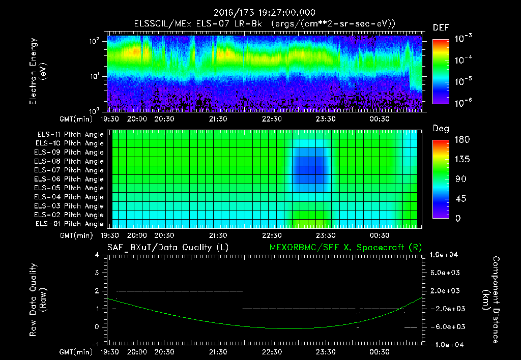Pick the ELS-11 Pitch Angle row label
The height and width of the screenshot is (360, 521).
(x=69, y=135)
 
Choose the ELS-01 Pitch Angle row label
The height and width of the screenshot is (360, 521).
(x=69, y=224)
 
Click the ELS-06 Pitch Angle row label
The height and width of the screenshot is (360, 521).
(x=69, y=179)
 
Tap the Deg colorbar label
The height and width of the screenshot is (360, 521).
(x=441, y=129)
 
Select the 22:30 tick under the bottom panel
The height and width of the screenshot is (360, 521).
(x=272, y=352)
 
